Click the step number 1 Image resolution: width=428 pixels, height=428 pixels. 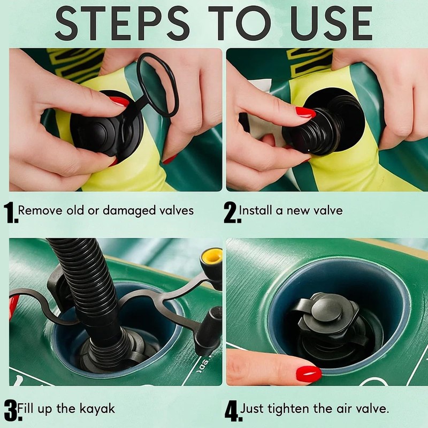pos(11,212)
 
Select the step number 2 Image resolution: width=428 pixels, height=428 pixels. pos(232,212)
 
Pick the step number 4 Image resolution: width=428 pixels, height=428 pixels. pos(233,411)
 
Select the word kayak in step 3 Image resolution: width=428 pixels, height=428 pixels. pos(97,409)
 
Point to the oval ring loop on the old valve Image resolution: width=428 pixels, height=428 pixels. pos(158,85)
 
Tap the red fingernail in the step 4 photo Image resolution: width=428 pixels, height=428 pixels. pos(309,373)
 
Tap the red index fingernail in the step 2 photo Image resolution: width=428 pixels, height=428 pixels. pos(305,112)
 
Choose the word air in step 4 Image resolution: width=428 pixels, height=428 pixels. pos(344,409)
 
